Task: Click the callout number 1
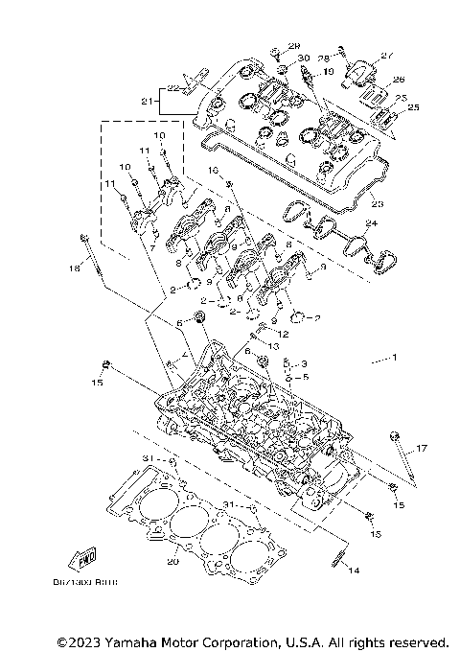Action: (391, 358)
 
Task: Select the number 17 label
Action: (420, 449)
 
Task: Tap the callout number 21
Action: (147, 101)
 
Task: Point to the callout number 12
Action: (284, 334)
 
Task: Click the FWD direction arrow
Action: (80, 560)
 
